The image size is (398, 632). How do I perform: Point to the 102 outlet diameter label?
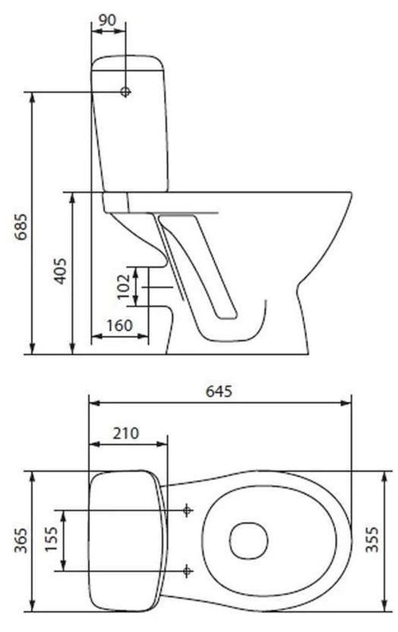pos(123,287)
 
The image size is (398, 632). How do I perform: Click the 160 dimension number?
pos(118,326)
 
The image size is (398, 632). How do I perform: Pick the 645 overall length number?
pos(219,391)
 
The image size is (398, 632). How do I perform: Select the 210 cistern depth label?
pos(126,434)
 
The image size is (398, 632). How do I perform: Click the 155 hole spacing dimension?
pos(50,540)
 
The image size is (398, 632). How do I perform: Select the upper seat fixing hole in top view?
pos(187,509)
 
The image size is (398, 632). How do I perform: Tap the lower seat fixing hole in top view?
pos(187,570)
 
